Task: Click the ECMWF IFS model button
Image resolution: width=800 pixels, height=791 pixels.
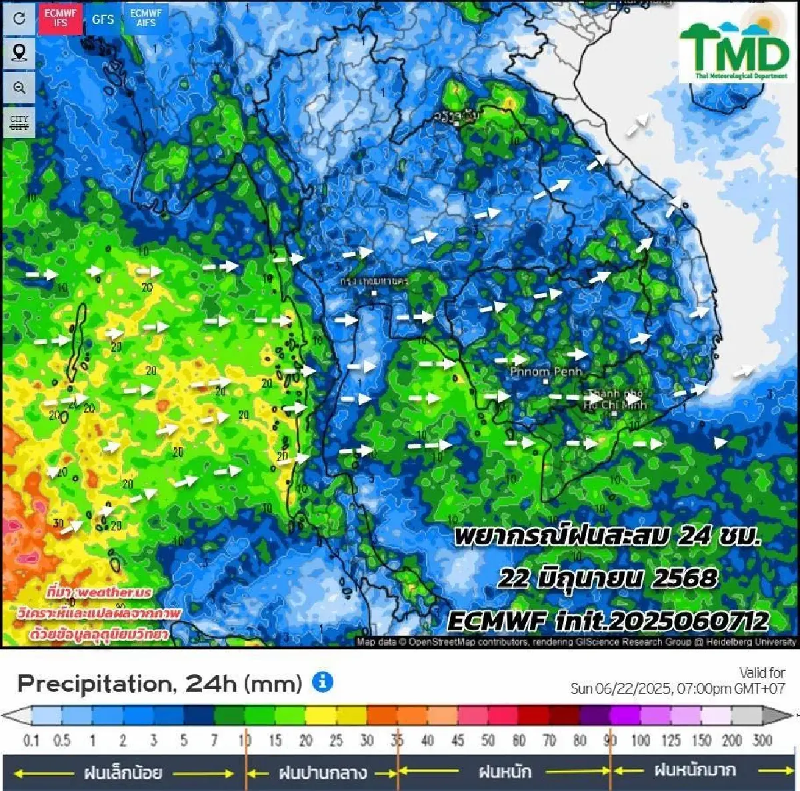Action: coord(61,19)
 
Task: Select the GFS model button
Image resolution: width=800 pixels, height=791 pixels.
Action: coord(103,19)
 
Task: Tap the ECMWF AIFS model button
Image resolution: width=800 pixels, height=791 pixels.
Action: coord(145,18)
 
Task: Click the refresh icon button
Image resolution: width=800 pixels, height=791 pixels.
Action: coord(19,18)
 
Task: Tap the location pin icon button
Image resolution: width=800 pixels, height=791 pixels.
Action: coord(19,53)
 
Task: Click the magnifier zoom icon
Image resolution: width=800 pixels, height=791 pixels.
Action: coord(19,88)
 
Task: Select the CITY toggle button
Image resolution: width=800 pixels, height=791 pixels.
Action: coord(19,123)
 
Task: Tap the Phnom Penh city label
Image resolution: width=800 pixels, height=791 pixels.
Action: coord(546,372)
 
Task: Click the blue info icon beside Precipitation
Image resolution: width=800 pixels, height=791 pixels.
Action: coord(323,682)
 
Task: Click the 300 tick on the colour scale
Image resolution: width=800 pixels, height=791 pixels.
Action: coord(762,740)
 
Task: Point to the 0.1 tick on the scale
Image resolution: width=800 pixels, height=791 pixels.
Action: coord(31,740)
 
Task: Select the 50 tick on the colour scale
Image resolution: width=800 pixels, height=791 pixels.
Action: coord(488,740)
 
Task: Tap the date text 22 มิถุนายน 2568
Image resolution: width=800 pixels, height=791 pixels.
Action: coord(607,578)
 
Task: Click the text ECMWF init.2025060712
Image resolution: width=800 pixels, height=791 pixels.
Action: coord(607,621)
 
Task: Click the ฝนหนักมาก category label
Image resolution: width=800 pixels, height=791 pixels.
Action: coord(695,771)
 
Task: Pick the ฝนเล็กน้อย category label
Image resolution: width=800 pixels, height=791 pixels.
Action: coord(123,772)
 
